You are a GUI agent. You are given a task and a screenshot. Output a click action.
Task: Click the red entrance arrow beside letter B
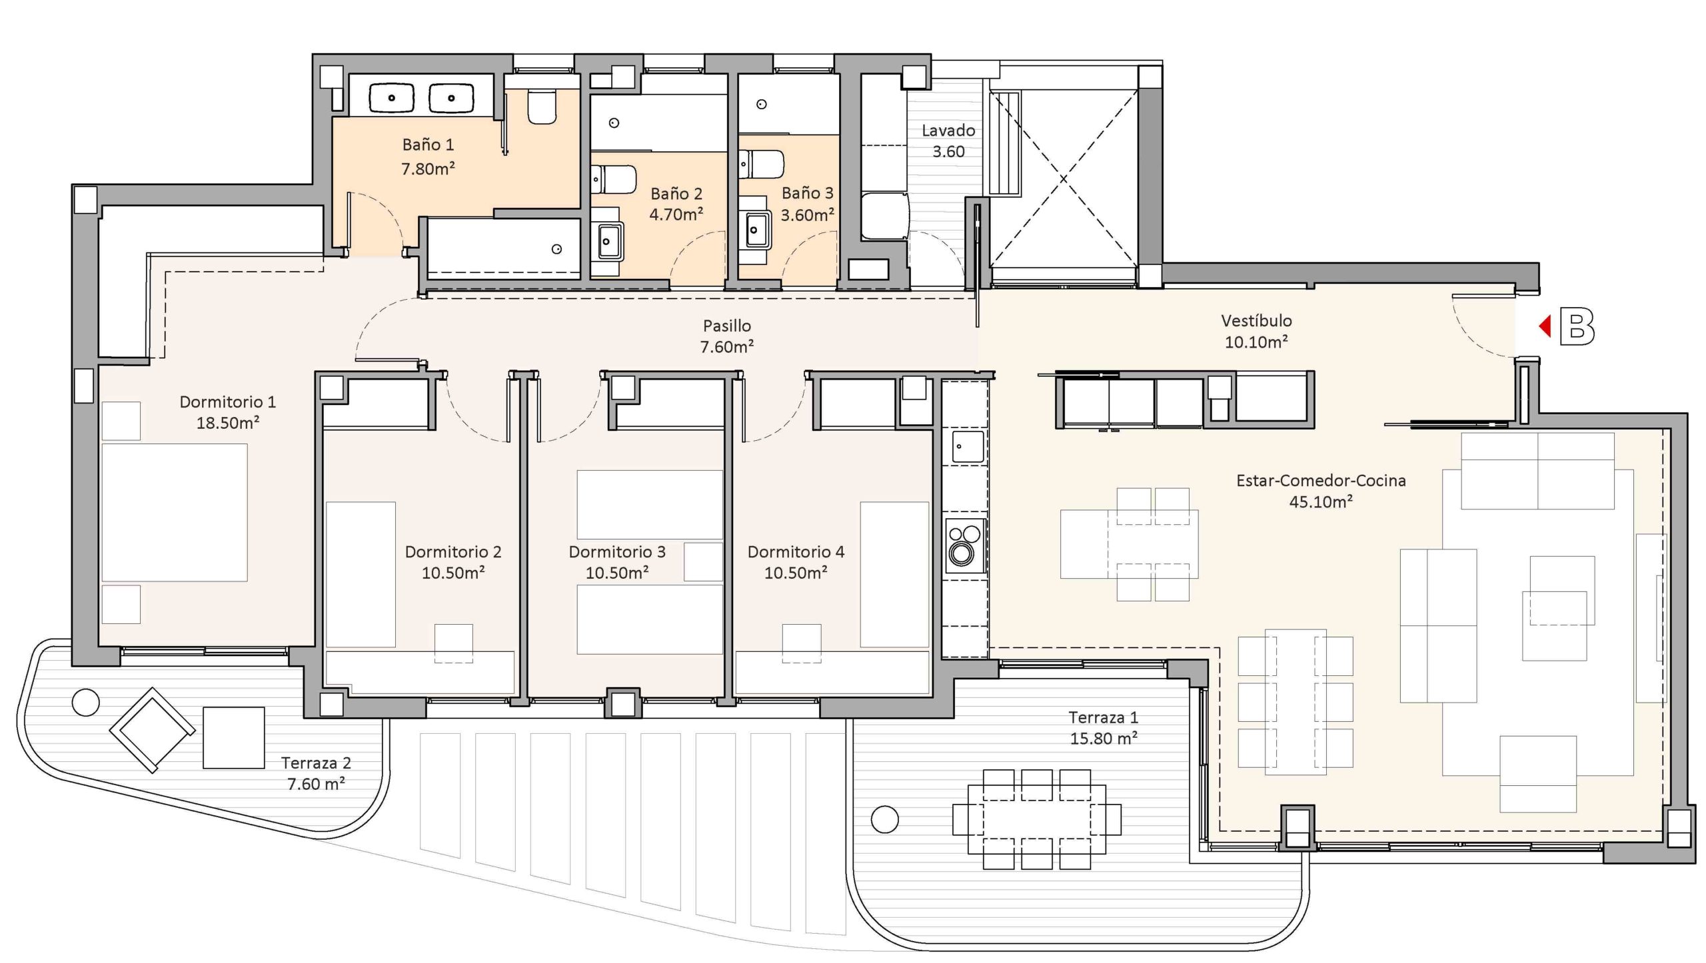click(1545, 326)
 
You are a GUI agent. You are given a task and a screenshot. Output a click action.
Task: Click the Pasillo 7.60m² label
click(727, 336)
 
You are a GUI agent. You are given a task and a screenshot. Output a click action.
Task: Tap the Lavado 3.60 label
click(948, 141)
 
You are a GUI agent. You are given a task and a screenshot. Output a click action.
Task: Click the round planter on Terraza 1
click(885, 819)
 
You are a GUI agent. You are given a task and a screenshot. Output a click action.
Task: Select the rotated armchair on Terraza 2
click(153, 730)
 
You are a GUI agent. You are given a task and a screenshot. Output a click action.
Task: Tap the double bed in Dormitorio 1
click(174, 513)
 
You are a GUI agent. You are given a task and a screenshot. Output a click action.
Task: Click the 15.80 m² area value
click(1103, 739)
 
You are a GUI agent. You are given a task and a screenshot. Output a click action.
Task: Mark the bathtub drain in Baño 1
click(556, 249)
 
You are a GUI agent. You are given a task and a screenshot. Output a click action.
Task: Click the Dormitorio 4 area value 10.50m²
click(796, 573)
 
